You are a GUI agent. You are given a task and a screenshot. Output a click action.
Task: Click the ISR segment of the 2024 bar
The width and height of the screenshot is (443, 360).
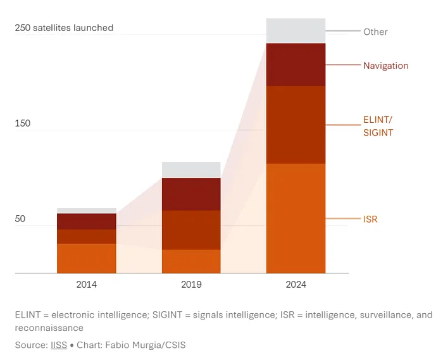296,218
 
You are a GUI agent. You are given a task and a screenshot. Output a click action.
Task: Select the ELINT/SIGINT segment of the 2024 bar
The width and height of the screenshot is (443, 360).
296,125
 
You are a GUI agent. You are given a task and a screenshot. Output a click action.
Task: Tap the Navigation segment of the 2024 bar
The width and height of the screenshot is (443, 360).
296,65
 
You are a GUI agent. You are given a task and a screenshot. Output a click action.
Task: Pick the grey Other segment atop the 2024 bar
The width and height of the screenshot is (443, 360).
296,31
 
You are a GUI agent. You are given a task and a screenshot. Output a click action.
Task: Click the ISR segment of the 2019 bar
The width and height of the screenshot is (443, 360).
191,261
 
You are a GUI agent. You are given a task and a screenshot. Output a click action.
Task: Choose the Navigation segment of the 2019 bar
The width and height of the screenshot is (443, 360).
191,194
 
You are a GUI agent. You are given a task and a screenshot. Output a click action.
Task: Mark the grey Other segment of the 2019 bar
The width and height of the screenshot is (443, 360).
191,170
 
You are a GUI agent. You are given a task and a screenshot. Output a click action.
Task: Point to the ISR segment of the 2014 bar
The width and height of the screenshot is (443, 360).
87,258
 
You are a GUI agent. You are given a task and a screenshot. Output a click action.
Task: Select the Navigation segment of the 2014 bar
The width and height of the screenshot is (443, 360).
87,221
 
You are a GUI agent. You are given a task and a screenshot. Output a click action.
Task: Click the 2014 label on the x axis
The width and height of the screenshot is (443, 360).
87,285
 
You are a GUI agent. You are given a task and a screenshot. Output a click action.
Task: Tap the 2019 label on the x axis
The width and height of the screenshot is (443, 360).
191,285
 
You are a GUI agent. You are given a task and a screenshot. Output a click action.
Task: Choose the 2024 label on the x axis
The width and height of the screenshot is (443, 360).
296,285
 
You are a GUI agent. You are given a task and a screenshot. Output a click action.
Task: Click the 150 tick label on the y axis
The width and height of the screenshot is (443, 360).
23,123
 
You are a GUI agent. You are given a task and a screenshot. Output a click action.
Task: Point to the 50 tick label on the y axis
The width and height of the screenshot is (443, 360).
20,219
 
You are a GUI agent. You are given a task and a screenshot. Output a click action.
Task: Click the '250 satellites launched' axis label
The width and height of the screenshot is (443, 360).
64,28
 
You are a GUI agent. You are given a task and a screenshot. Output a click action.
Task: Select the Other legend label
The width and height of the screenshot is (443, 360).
375,32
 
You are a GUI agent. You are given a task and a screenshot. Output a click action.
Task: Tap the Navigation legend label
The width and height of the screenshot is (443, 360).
385,66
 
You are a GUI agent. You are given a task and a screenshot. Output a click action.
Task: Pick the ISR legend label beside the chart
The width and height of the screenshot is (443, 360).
370,219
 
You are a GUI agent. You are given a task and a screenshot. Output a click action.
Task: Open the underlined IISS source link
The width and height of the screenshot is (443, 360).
59,345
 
